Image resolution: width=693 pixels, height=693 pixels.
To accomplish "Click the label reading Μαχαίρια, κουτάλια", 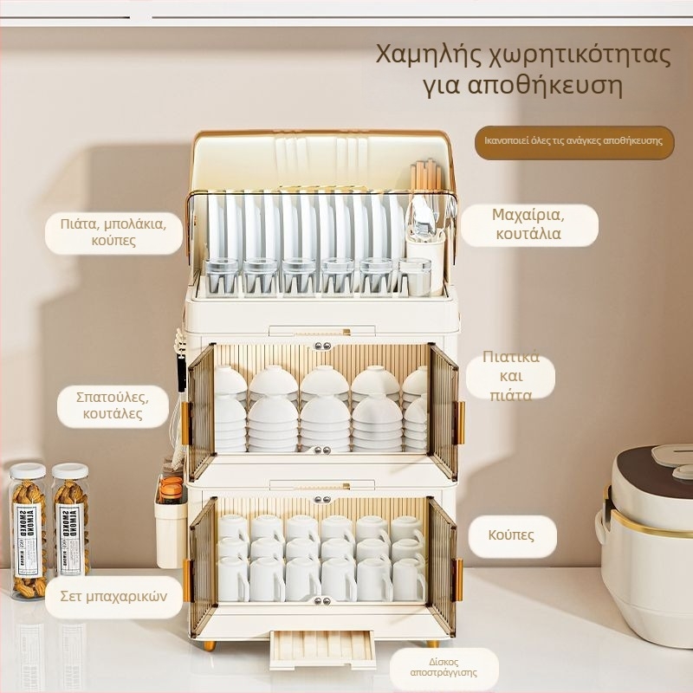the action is coord(529,224).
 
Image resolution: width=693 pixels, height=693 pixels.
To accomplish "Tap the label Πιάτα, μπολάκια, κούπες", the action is coord(113,232).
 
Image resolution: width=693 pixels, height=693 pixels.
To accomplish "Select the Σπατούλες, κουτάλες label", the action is coord(113,405).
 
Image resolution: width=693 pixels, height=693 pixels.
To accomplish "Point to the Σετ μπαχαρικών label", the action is coord(113,597).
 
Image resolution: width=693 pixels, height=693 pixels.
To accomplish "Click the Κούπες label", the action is coord(512,535).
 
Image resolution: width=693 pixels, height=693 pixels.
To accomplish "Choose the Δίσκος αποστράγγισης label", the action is coord(444,668).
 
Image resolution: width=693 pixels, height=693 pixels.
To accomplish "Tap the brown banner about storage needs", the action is coord(574,142).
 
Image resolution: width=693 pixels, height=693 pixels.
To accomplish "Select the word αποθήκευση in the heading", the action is coord(545,85).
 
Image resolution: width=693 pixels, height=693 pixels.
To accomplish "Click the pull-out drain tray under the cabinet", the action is coord(322,650).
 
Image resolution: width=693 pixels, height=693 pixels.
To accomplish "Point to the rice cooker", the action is coord(645,544).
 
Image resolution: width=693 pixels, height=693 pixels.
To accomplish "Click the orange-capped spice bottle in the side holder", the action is coord(171,490).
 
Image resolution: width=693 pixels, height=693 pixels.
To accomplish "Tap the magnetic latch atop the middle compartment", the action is coord(322,346).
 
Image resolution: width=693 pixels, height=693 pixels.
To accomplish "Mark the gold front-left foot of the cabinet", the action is coord(209,645).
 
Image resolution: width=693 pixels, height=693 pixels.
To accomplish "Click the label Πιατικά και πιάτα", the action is coord(511,377).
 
